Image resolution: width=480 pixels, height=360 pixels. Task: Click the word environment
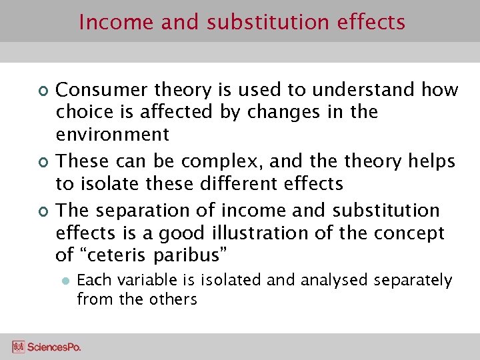coord(113,135)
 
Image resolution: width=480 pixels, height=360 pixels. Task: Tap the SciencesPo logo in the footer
coord(46,347)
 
